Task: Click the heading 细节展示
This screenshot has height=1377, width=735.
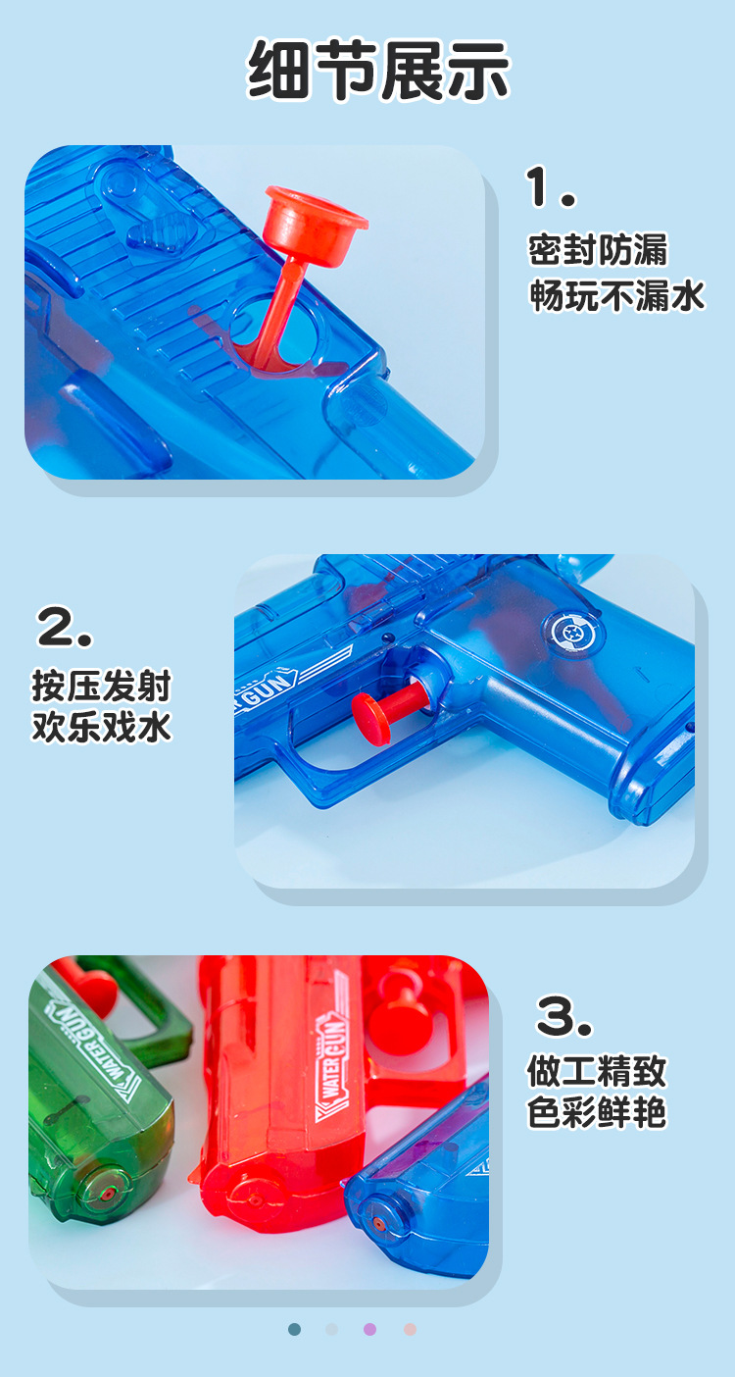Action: click(x=378, y=70)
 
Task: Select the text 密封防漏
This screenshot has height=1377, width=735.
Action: click(x=598, y=250)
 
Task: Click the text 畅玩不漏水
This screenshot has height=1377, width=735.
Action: click(x=617, y=295)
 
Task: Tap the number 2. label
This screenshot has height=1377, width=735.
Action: click(x=65, y=627)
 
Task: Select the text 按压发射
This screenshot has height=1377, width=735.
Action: click(x=101, y=685)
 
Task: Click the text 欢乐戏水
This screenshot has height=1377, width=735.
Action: click(x=101, y=727)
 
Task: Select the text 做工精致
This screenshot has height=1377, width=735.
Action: click(x=597, y=1070)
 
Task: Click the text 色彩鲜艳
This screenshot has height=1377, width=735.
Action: click(x=597, y=1113)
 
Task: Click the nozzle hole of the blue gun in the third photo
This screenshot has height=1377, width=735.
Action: click(x=378, y=1224)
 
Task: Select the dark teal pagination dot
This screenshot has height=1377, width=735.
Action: click(x=294, y=1329)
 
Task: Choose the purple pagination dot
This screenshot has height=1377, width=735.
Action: click(x=369, y=1329)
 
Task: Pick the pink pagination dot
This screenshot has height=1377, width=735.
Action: click(x=410, y=1329)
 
